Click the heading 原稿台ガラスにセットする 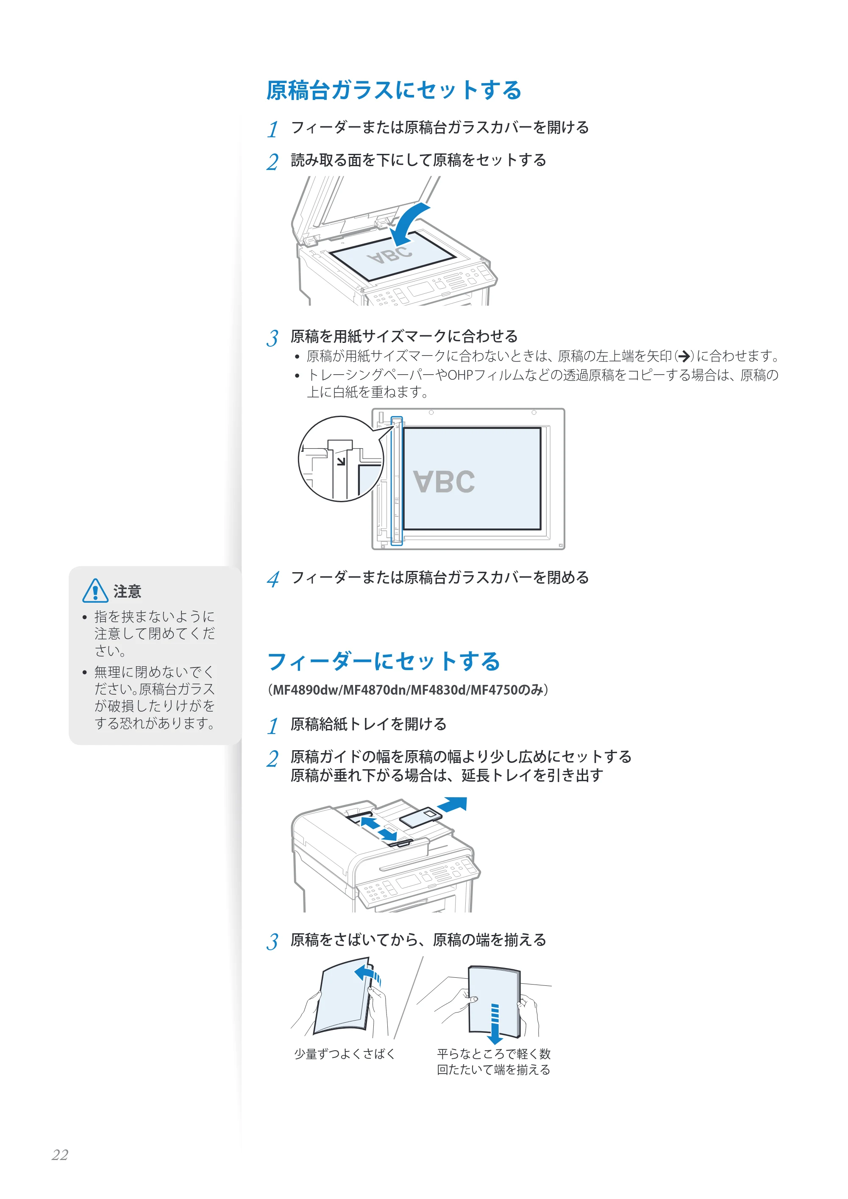coord(394,90)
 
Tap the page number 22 coord(60,1154)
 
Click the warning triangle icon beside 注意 coord(95,591)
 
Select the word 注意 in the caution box coord(128,591)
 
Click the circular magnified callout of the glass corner coord(340,459)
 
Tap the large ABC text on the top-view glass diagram coord(445,481)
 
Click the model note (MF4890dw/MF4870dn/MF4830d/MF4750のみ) coord(408,690)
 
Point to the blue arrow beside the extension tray coord(452,805)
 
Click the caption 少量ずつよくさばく coord(345,1054)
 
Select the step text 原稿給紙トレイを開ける coord(369,724)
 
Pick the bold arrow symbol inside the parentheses coord(684,357)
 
